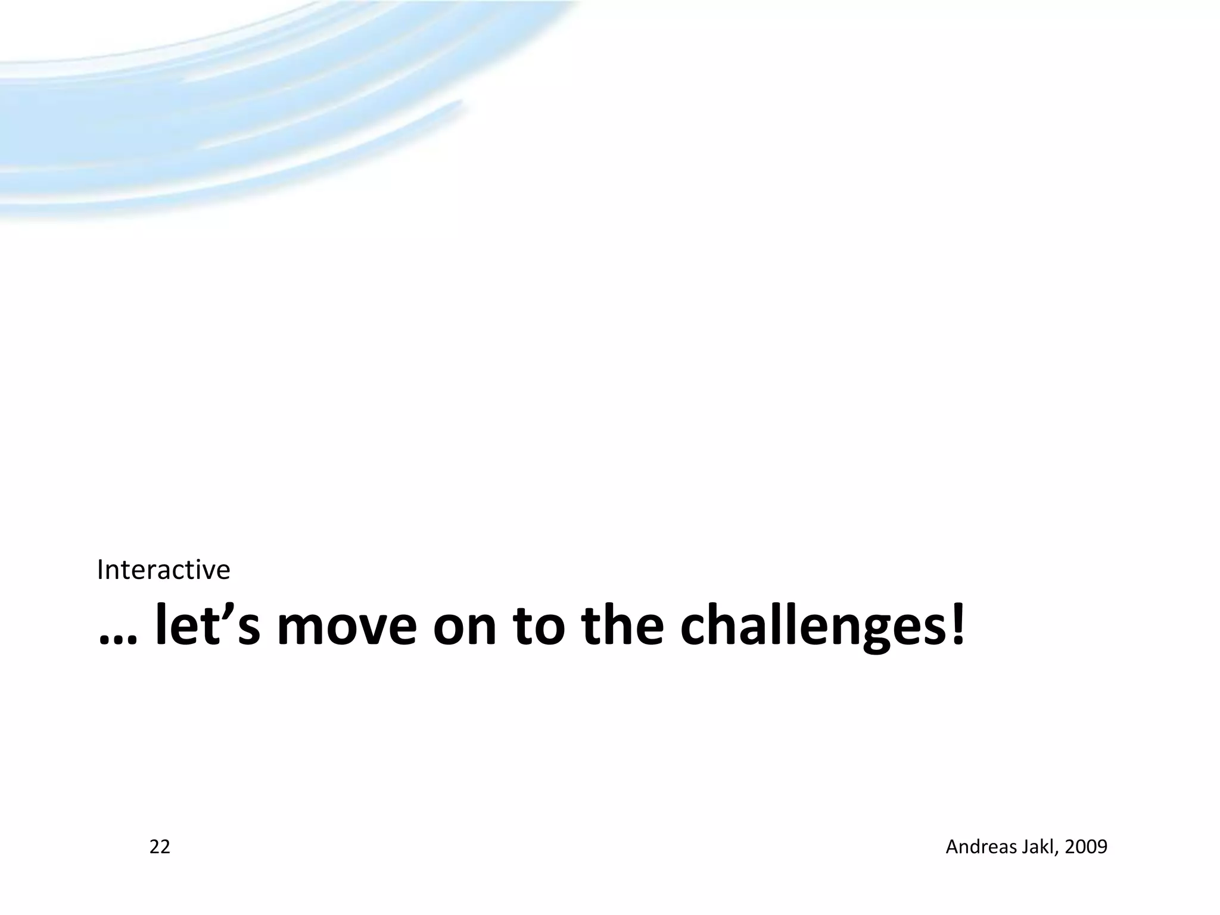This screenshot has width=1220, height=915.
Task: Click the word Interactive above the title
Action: pos(163,570)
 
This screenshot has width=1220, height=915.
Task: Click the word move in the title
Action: pos(347,628)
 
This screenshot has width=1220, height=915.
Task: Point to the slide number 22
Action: pos(160,846)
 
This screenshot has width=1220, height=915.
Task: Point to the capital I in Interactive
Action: pos(100,570)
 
